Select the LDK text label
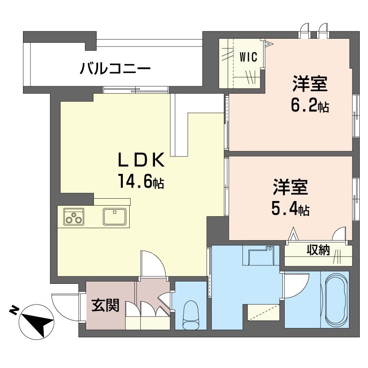click(141, 161)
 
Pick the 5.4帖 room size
click(290, 210)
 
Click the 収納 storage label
click(318, 251)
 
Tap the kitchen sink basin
click(115, 215)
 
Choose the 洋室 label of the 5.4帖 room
click(290, 188)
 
